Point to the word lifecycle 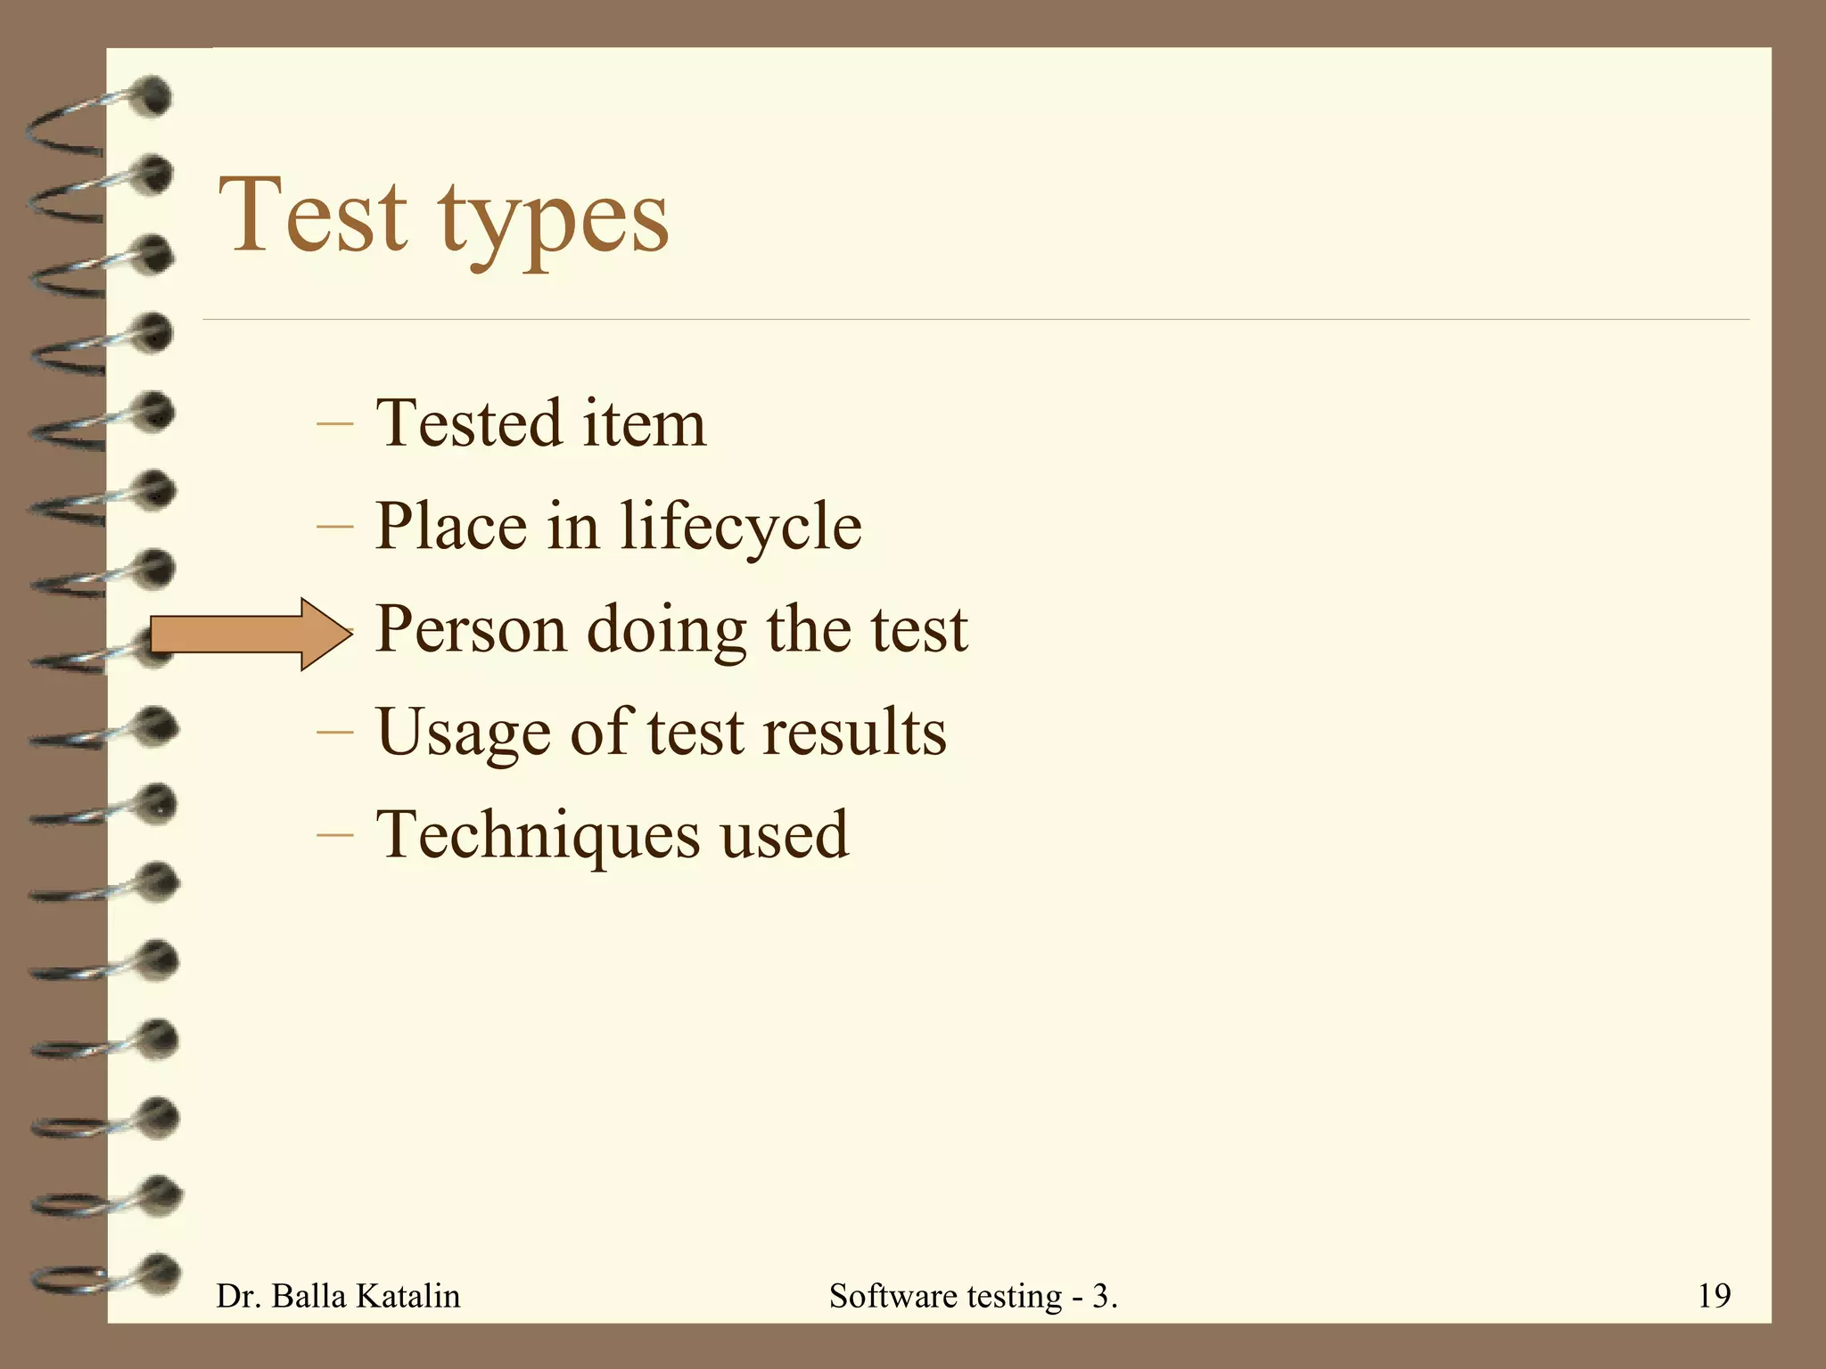(x=740, y=526)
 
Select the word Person (x=470, y=629)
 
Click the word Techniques (x=538, y=835)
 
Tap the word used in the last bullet (x=784, y=835)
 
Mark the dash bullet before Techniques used (x=334, y=836)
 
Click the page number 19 (x=1714, y=1295)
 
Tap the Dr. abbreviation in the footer (x=237, y=1295)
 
